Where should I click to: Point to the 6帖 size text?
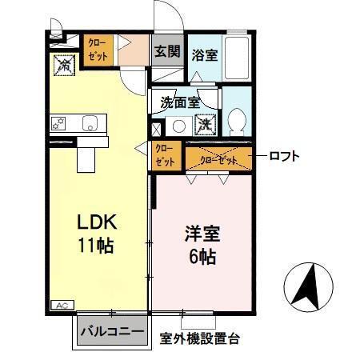click(200, 258)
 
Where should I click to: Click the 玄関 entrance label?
click(167, 52)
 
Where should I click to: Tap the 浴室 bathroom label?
click(205, 55)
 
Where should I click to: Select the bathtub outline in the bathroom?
click(238, 56)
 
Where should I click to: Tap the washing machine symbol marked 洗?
click(206, 125)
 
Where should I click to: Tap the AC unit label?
click(61, 304)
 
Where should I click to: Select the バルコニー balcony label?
click(114, 331)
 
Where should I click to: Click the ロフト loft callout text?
click(284, 156)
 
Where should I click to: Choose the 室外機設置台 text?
click(200, 338)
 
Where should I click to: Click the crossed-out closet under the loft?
click(218, 158)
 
